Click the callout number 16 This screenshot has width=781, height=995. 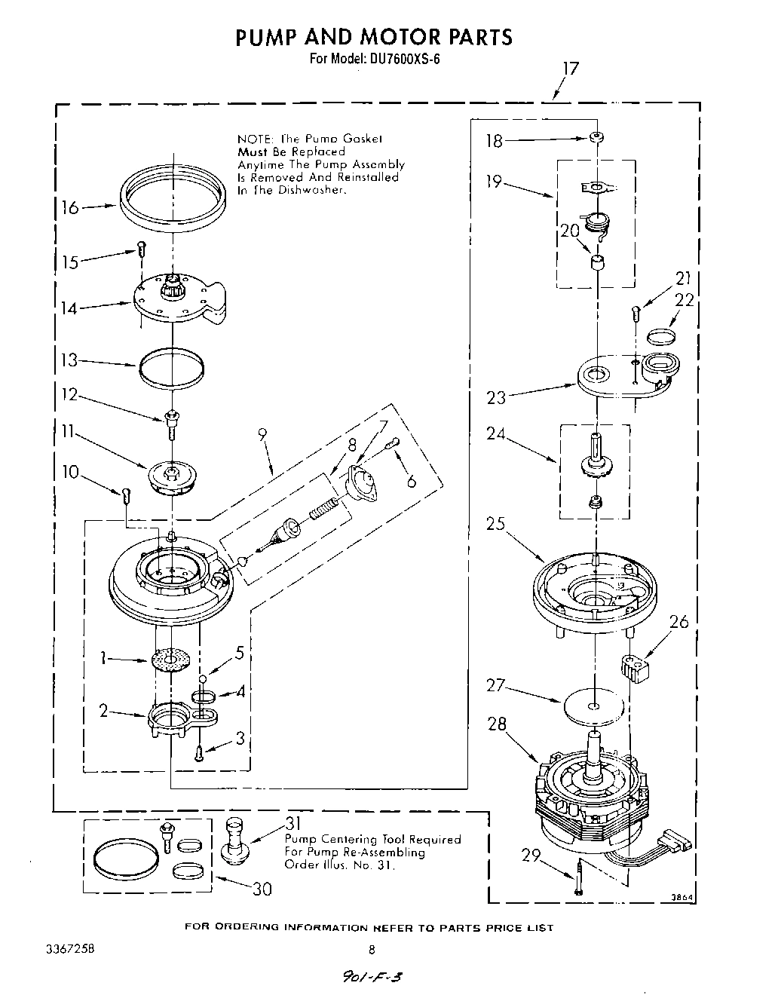pos(70,207)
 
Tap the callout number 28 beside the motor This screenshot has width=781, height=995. pos(497,724)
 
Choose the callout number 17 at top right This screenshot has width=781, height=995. pos(571,69)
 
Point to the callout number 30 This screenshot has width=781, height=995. pos(262,889)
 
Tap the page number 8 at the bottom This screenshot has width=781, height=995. pos(371,950)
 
